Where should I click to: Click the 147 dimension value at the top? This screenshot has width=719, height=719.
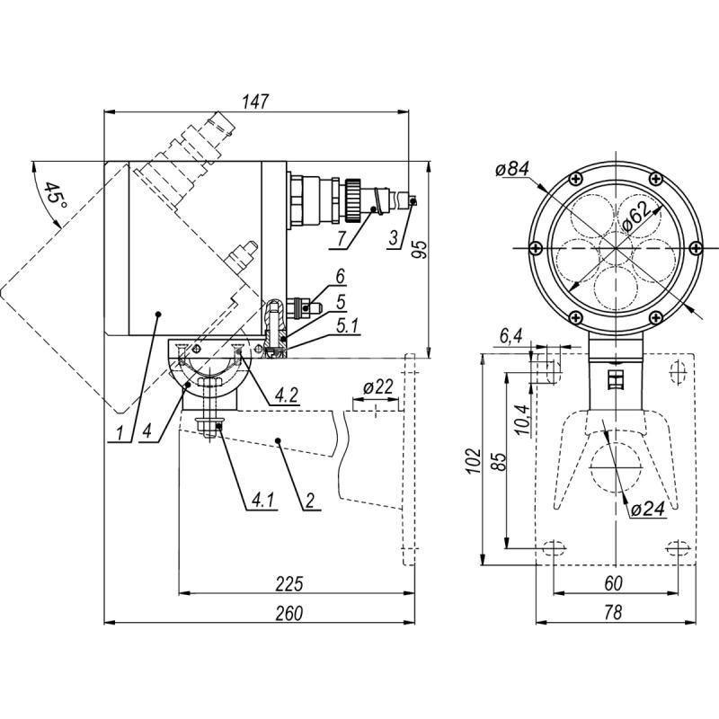256,101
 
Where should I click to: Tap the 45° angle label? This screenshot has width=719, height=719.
55,200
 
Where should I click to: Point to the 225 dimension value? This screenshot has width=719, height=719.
288,584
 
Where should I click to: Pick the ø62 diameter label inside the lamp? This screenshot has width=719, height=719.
634,216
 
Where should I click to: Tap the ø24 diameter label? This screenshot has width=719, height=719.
646,509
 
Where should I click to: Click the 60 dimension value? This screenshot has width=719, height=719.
612,584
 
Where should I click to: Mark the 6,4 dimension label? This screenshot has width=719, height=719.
510,335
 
